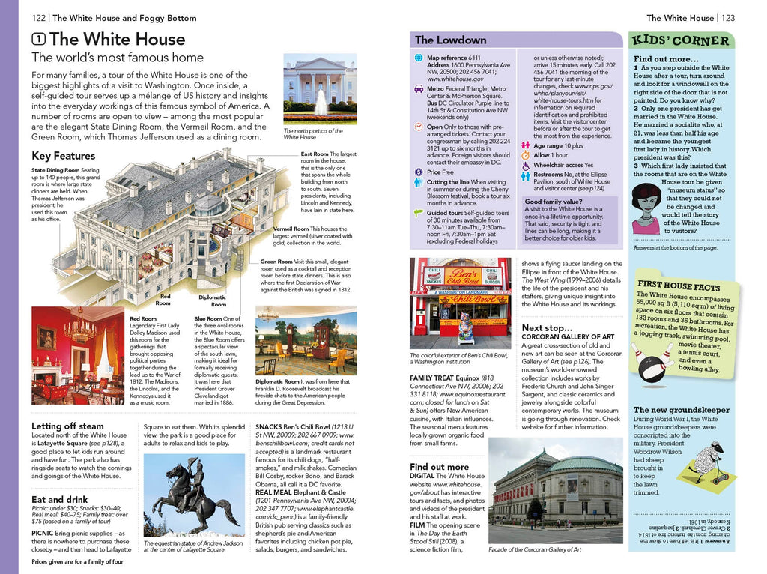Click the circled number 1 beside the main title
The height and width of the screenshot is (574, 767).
click(39, 39)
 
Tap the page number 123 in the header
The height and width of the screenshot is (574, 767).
click(728, 18)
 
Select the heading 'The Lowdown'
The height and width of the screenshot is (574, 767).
click(450, 40)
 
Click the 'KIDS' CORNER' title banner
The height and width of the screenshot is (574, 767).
click(680, 40)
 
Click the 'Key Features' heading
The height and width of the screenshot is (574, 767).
click(64, 156)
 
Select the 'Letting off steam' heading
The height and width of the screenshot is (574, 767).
click(67, 426)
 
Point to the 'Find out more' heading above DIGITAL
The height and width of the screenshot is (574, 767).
click(439, 466)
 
